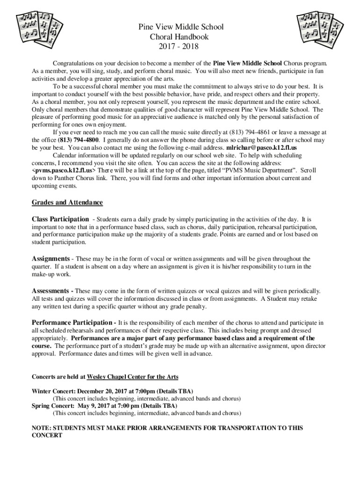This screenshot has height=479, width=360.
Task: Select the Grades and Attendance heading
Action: [x=67, y=203]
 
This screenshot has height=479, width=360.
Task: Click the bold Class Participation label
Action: [x=60, y=219]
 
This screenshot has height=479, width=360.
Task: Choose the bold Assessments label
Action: [x=51, y=290]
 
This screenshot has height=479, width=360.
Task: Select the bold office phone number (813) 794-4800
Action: [x=78, y=140]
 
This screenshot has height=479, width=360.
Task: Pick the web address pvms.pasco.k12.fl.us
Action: [x=63, y=170]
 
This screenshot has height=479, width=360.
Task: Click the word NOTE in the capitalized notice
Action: [x=41, y=428]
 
